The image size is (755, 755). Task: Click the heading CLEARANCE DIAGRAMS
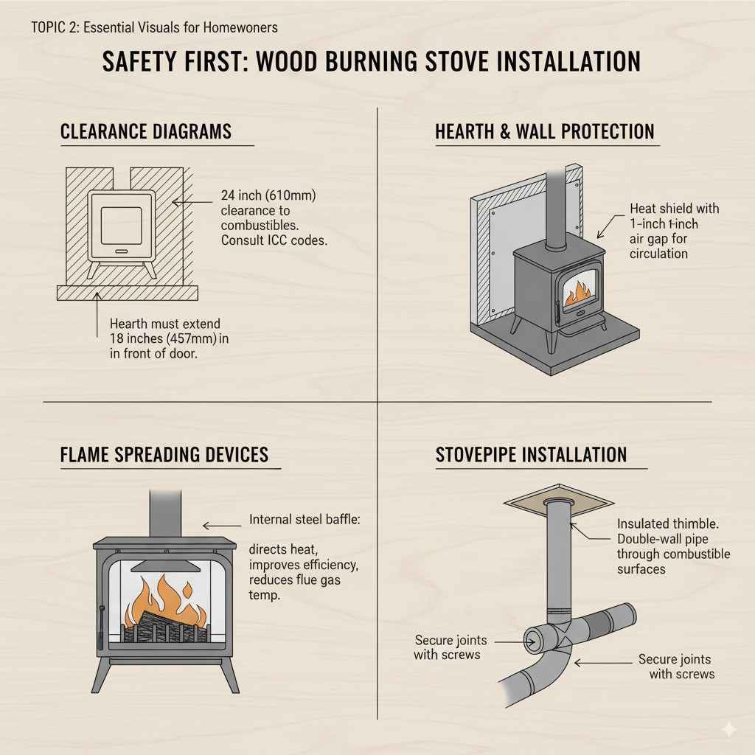pyautogui.click(x=146, y=132)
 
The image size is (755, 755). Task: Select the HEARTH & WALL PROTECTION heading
pyautogui.click(x=545, y=132)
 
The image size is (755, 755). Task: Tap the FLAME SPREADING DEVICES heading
pyautogui.click(x=164, y=454)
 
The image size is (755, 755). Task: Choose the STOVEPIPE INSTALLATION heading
pyautogui.click(x=531, y=454)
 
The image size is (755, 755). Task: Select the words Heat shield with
pyautogui.click(x=674, y=209)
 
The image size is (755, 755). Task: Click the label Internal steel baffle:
pyautogui.click(x=304, y=520)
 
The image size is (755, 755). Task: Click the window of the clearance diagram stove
pyautogui.click(x=121, y=226)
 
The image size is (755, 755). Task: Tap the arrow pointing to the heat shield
pyautogui.click(x=608, y=226)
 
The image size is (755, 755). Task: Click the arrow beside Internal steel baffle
pyautogui.click(x=218, y=526)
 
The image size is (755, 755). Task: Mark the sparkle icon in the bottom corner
pyautogui.click(x=728, y=729)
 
